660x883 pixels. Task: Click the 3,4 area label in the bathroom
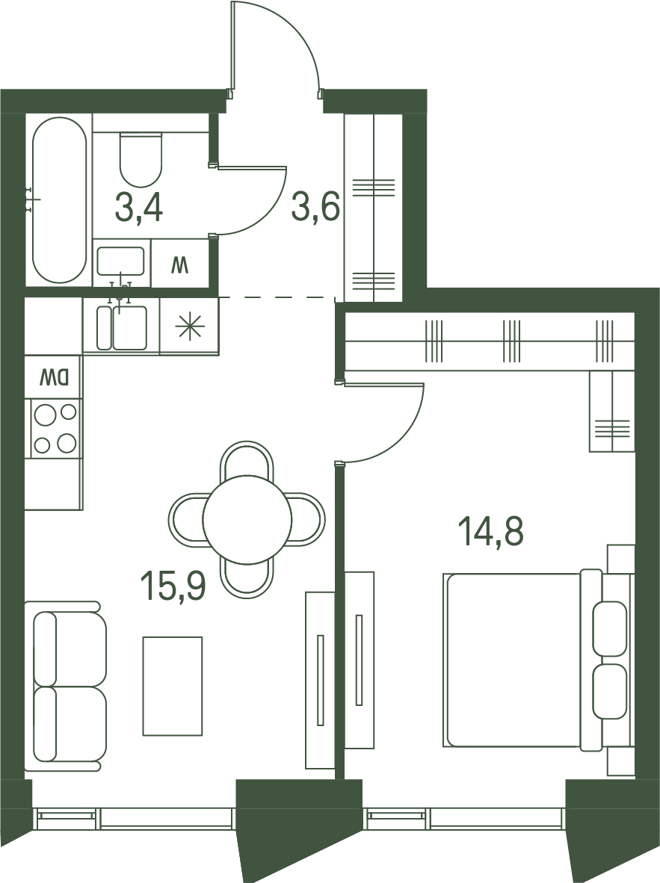click(x=138, y=208)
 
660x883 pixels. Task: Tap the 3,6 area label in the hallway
click(x=315, y=208)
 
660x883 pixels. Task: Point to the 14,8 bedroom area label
click(x=491, y=532)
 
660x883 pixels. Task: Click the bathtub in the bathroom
click(x=59, y=200)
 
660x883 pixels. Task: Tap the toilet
click(x=141, y=159)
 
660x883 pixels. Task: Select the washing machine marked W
click(x=180, y=264)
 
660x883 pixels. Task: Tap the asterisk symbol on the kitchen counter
click(x=189, y=327)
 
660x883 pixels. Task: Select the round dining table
click(x=247, y=519)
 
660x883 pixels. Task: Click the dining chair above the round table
click(x=247, y=461)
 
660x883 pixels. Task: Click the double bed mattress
click(x=513, y=660)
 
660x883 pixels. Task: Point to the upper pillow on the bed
click(x=610, y=628)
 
